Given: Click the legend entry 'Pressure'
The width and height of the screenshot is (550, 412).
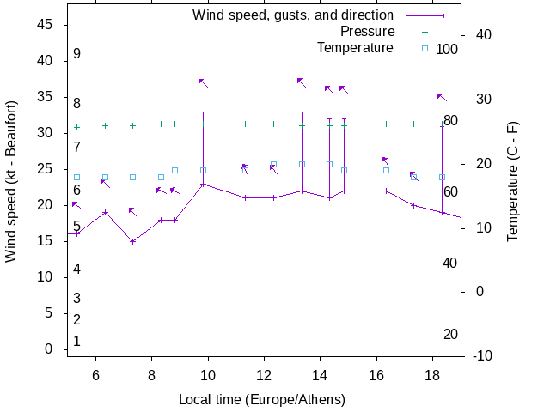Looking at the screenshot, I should (367, 32).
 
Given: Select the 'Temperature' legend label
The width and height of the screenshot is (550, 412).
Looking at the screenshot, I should (355, 48).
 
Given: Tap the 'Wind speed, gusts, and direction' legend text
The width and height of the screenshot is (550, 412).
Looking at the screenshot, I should (292, 15).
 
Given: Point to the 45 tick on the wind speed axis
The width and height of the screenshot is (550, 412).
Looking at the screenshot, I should (46, 25).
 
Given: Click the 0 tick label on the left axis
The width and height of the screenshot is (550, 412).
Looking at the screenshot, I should (50, 349).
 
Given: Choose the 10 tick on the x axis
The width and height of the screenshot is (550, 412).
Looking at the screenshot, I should (208, 374).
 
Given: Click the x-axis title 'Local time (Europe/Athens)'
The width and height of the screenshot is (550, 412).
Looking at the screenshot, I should (262, 400).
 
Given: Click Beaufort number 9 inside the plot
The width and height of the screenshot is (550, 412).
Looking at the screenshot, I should (76, 54).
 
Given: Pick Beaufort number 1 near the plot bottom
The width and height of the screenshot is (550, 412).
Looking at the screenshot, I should (76, 341).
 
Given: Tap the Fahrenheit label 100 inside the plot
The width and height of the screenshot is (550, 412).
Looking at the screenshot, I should (447, 49).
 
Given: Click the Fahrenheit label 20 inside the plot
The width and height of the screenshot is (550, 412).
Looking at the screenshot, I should (450, 334).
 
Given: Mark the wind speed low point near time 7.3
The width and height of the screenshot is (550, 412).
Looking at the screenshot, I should (132, 241).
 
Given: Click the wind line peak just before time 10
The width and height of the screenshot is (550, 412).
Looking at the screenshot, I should (203, 184).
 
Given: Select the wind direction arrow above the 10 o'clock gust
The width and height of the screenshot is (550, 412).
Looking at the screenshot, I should (203, 82).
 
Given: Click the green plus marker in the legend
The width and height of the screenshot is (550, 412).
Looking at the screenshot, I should (425, 32).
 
